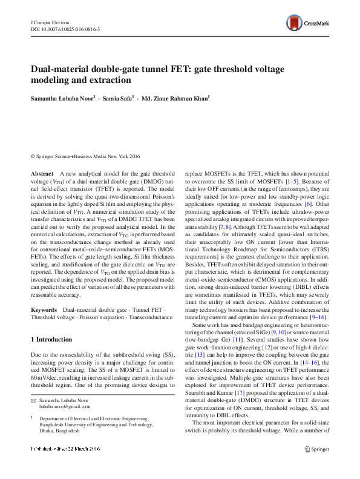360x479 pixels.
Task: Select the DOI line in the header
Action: (65, 28)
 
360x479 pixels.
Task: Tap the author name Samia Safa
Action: (119, 99)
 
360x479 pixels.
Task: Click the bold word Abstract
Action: (42, 173)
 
